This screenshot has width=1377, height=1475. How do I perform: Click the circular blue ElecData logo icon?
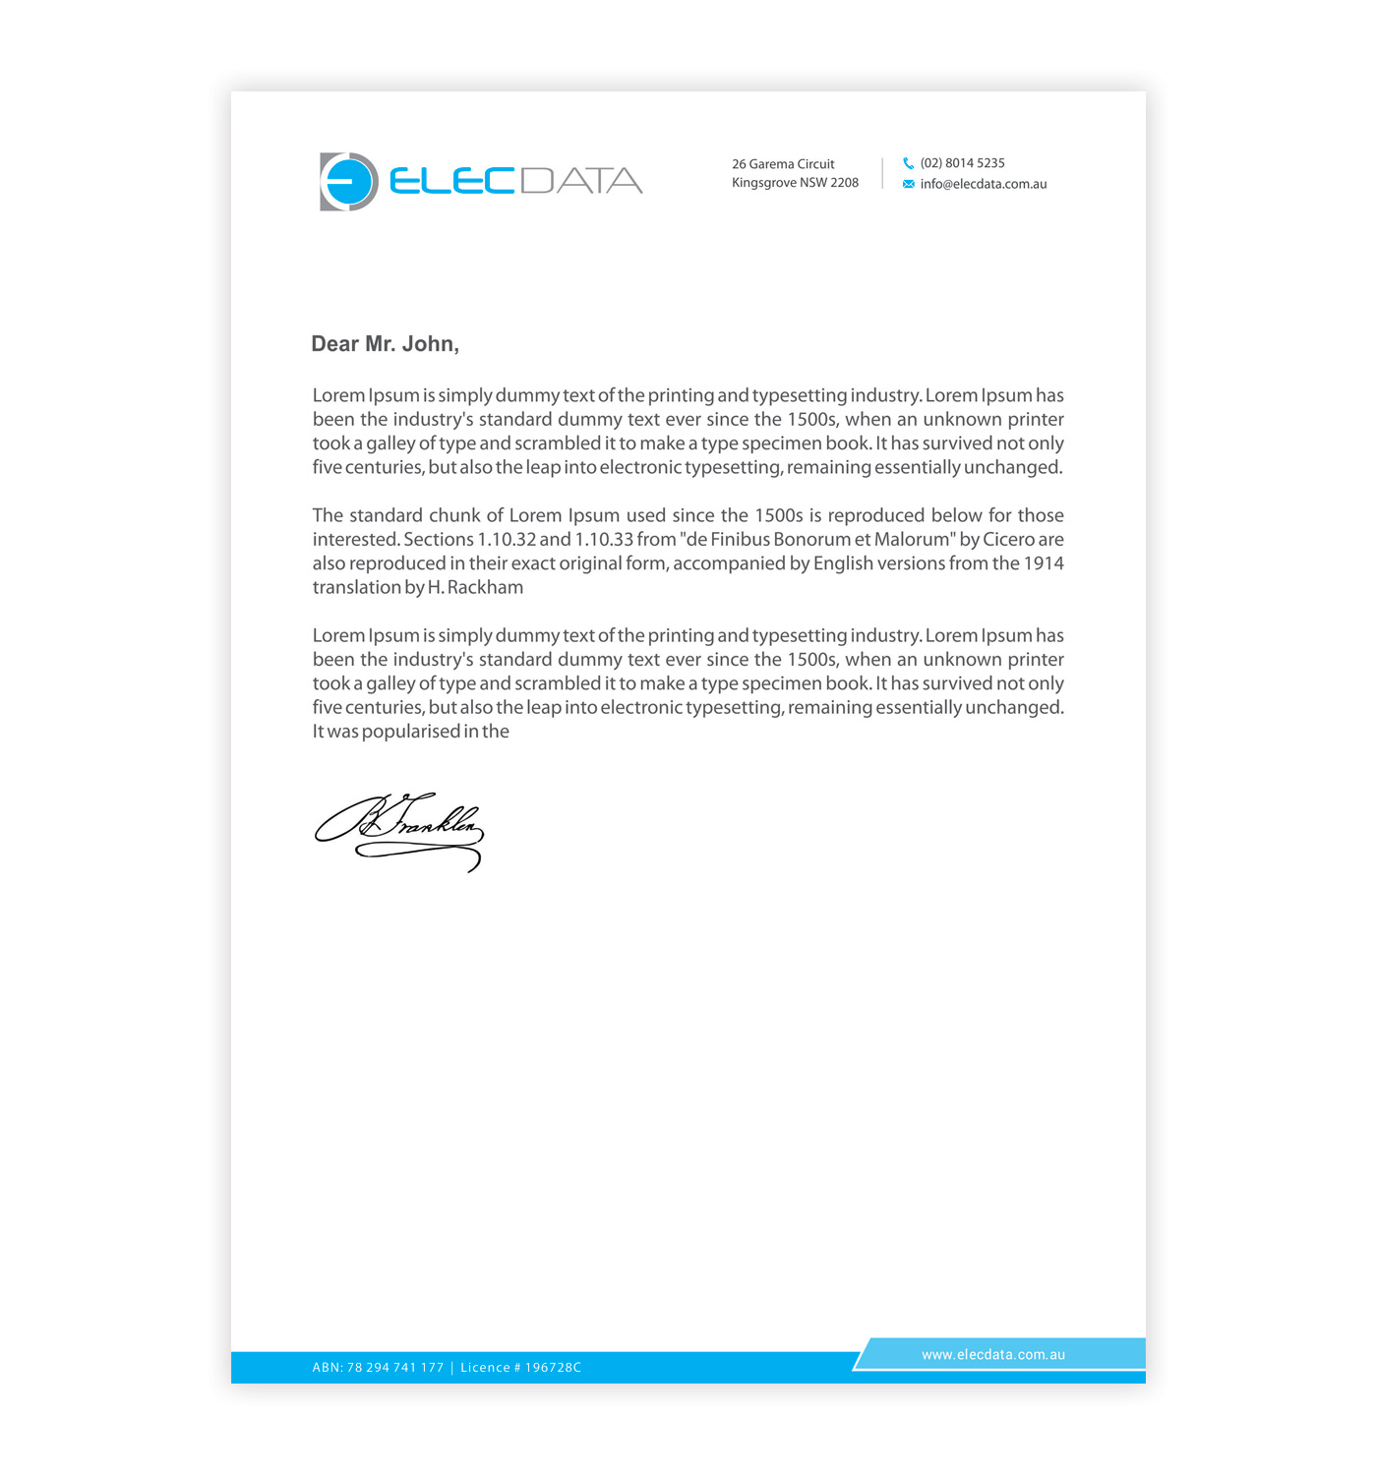click(349, 182)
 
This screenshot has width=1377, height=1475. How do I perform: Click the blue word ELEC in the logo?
click(452, 181)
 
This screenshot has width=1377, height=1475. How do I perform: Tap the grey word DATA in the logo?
click(580, 181)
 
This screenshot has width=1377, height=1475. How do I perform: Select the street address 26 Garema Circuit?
click(783, 164)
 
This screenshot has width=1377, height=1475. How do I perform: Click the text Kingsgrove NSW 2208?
click(795, 183)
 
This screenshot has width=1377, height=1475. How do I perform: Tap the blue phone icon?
click(908, 163)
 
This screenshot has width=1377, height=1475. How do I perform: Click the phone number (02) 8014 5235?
click(962, 163)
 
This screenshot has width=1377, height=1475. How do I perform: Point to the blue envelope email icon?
click(908, 184)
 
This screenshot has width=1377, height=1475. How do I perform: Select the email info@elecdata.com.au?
click(983, 184)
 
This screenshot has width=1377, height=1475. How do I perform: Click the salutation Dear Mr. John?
click(385, 344)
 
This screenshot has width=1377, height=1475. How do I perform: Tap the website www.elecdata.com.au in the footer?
click(992, 1354)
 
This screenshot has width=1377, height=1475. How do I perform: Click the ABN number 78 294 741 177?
click(395, 1368)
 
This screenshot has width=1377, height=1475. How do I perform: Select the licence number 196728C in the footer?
click(553, 1368)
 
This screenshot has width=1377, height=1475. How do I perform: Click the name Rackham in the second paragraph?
click(485, 588)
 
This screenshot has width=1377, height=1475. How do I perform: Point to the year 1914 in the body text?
click(1044, 563)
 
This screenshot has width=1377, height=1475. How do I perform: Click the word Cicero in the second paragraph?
click(1008, 540)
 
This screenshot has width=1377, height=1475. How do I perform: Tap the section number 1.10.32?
click(507, 540)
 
